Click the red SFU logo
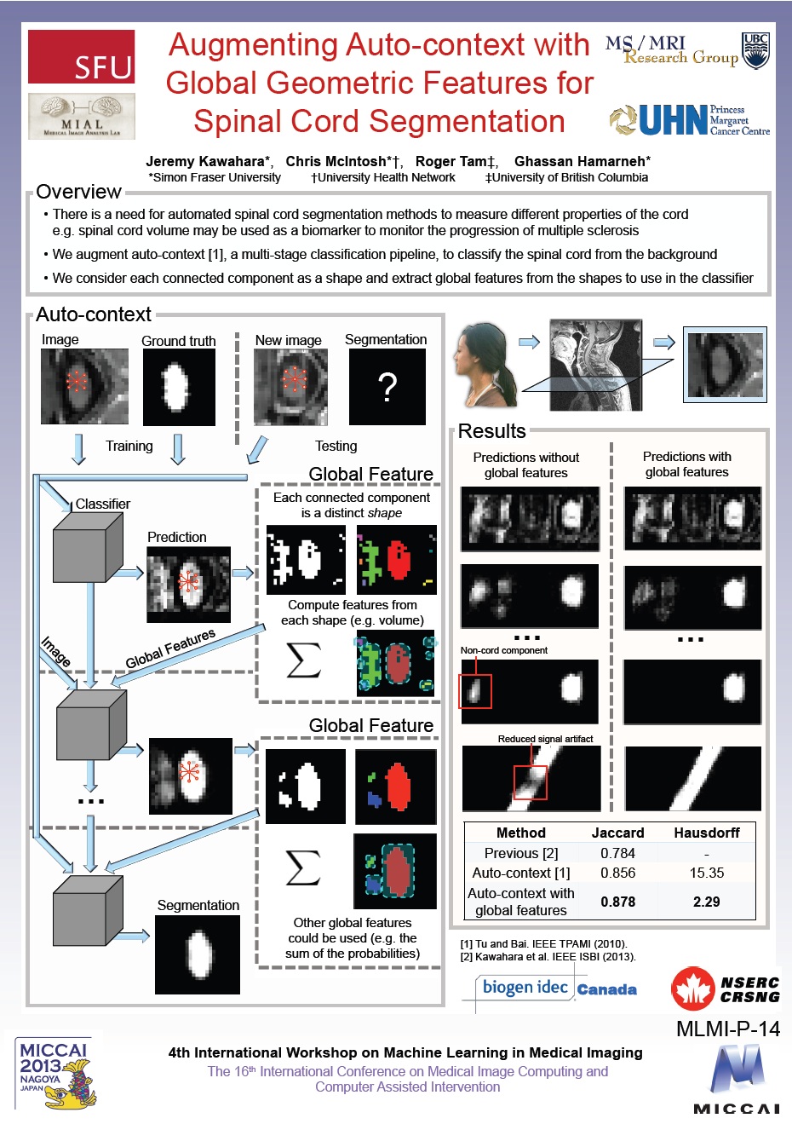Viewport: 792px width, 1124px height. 82,56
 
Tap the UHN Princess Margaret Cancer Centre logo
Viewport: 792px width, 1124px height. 690,120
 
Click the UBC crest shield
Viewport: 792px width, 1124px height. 755,50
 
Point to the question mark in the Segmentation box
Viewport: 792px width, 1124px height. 387,388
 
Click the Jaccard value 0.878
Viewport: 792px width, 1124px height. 617,902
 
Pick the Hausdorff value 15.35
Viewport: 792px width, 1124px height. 706,873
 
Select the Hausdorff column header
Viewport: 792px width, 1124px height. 706,833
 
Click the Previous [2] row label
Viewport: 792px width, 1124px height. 521,853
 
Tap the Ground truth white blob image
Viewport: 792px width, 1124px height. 179,387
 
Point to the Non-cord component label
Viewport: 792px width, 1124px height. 504,650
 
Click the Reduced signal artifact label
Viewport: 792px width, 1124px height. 545,739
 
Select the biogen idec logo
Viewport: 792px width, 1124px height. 525,988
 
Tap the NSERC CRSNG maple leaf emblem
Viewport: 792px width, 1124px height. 693,989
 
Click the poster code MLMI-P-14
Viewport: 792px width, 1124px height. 727,1029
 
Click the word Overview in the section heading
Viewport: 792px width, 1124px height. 78,192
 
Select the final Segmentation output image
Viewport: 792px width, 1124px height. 198,954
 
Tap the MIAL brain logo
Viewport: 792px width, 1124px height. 82,116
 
